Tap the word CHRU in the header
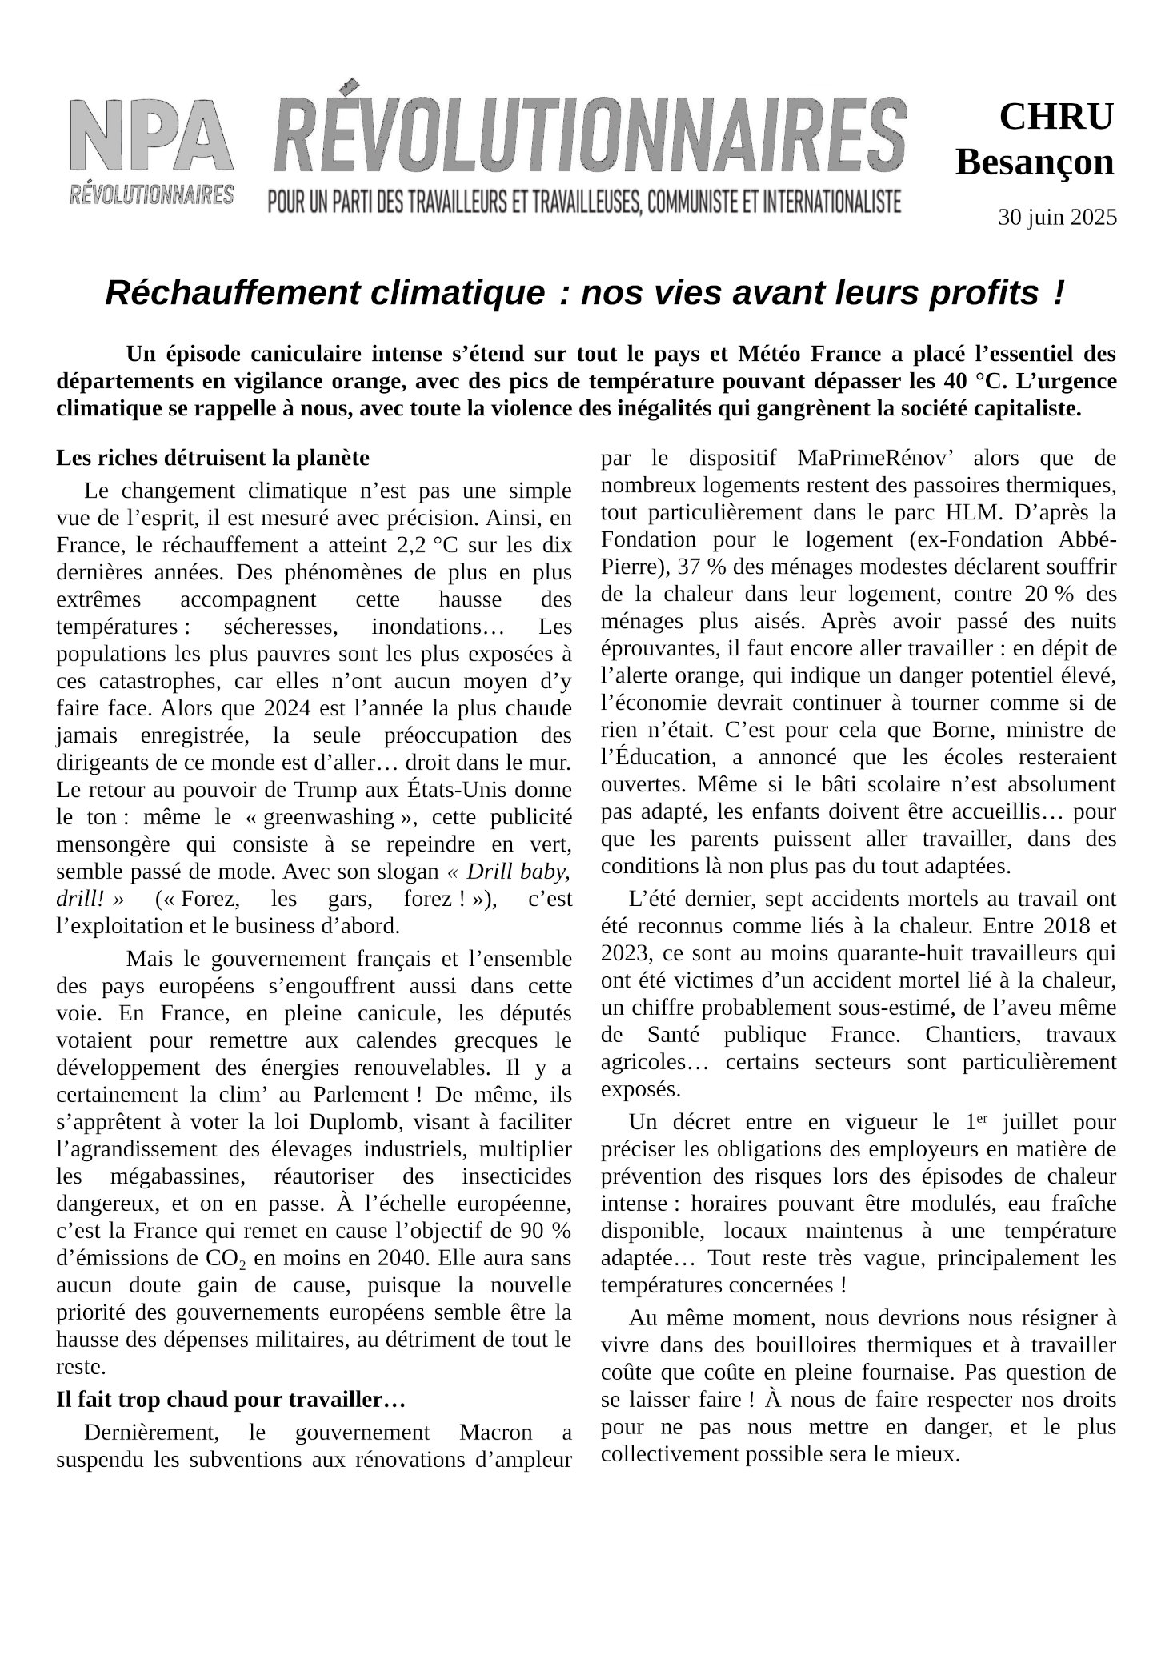pyautogui.click(x=1056, y=118)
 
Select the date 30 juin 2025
pyautogui.click(x=1057, y=218)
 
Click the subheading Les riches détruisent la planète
pyautogui.click(x=213, y=459)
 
